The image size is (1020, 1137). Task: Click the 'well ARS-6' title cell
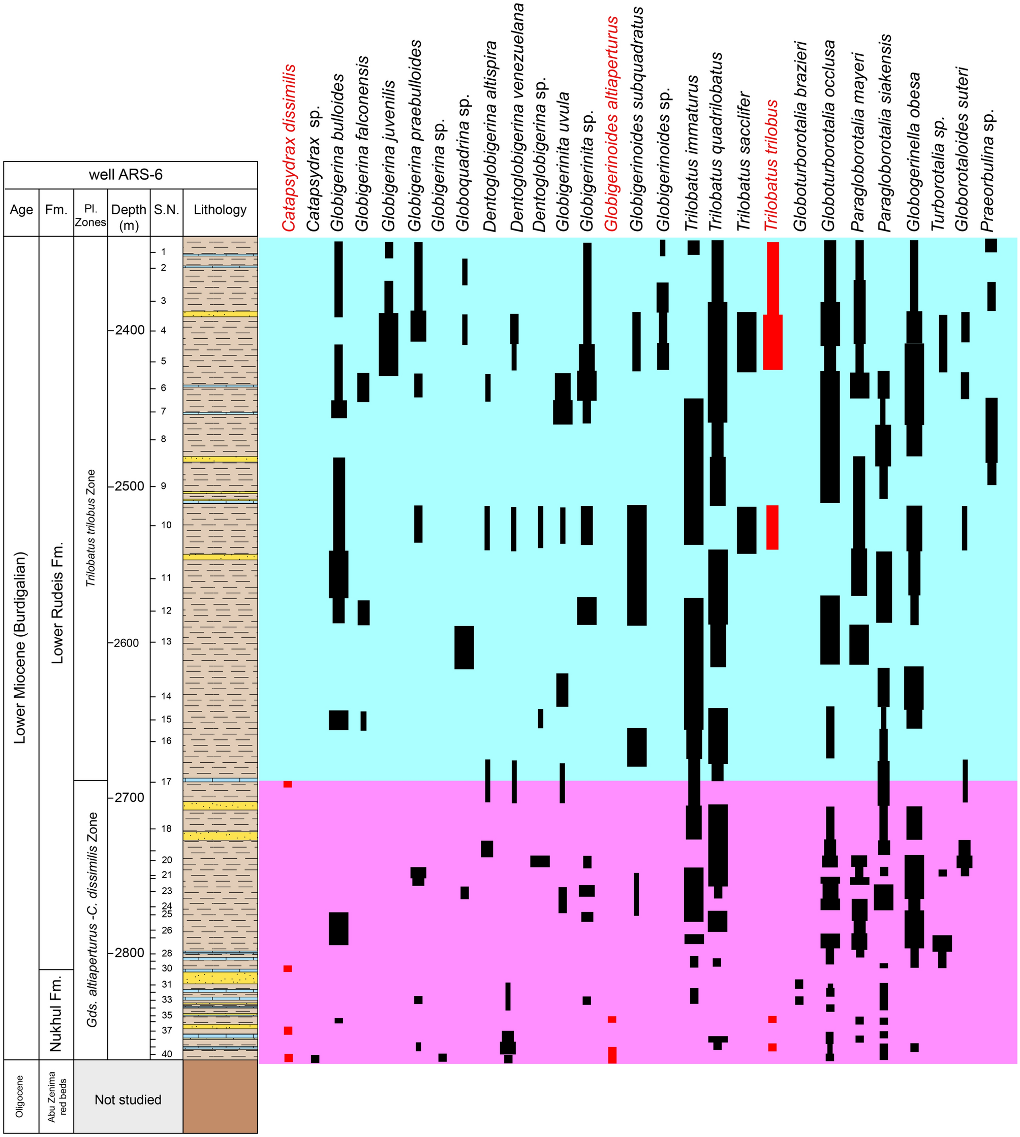pyautogui.click(x=126, y=175)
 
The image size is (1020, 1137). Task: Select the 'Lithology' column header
pyautogui.click(x=220, y=210)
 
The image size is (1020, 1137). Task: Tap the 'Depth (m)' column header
pyautogui.click(x=129, y=217)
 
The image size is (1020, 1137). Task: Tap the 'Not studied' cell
pyautogui.click(x=128, y=1099)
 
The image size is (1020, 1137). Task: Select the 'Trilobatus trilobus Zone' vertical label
pyautogui.click(x=91, y=528)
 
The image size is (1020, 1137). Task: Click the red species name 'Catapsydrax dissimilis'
pyautogui.click(x=288, y=148)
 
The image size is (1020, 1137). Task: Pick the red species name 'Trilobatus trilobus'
pyautogui.click(x=771, y=165)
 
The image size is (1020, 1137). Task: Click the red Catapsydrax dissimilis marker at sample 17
pyautogui.click(x=288, y=785)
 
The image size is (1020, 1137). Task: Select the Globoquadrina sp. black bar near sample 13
pyautogui.click(x=463, y=647)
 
